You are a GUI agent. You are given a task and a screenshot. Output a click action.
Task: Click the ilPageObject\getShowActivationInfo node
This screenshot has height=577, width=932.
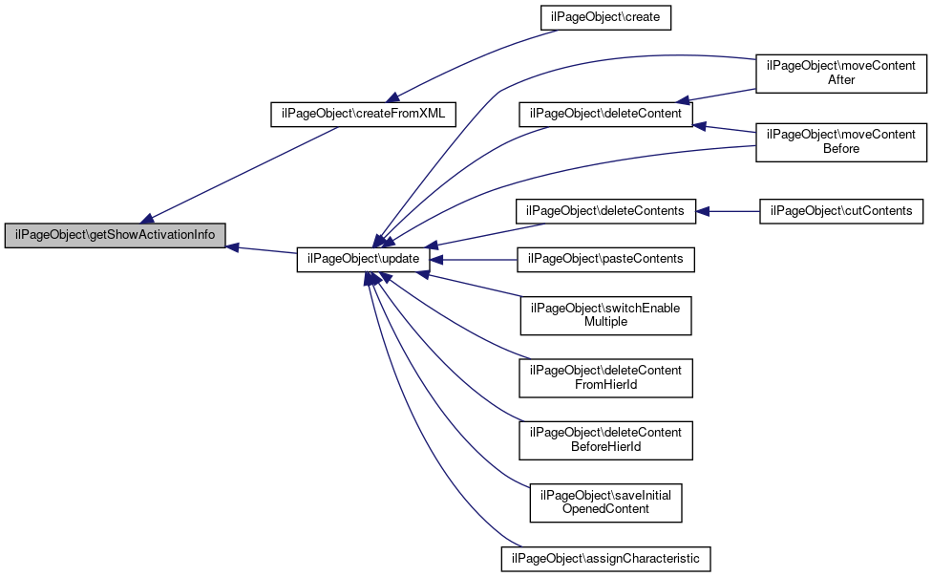[115, 235]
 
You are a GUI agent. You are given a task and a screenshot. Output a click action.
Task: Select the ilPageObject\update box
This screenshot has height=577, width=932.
[363, 259]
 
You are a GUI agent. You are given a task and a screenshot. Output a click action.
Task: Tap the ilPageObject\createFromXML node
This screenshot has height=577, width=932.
[363, 115]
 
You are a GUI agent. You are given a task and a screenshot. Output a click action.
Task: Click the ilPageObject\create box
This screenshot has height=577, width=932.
[605, 18]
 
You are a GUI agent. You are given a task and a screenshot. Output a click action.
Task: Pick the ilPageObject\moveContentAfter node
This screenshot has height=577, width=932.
[841, 74]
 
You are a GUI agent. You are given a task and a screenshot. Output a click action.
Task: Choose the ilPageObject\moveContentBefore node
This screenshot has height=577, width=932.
[841, 142]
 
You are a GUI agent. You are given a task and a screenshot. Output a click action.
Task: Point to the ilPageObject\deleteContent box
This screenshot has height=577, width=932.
[605, 115]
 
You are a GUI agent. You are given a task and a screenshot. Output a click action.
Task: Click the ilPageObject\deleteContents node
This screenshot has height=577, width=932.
[605, 211]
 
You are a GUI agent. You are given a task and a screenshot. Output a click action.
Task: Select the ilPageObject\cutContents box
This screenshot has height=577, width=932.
[841, 211]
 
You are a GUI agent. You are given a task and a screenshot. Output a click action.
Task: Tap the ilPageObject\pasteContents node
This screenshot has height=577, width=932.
[605, 259]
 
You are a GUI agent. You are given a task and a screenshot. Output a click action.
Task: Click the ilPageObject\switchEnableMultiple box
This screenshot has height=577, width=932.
[605, 315]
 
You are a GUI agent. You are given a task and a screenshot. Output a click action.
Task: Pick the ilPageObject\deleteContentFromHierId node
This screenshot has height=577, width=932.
[605, 377]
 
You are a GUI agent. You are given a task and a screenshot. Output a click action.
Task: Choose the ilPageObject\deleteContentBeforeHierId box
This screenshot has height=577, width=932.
[605, 440]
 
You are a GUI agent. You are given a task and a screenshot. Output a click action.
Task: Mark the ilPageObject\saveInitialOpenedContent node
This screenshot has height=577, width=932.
[605, 502]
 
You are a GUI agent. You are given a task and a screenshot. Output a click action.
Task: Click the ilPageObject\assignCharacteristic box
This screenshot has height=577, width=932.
[605, 559]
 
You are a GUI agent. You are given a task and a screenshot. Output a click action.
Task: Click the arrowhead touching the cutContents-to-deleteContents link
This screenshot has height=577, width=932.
[703, 211]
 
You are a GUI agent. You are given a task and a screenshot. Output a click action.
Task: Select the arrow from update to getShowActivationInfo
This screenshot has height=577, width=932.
[262, 250]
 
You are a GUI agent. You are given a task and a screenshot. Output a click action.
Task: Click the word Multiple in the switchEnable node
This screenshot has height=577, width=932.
[605, 322]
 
